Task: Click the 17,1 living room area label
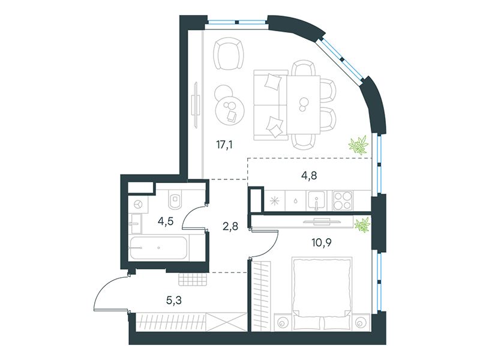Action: click(x=224, y=144)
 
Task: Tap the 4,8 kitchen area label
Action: click(x=309, y=176)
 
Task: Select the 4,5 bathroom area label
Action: click(x=166, y=221)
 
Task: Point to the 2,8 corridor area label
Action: click(x=230, y=226)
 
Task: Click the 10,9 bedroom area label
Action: click(x=322, y=243)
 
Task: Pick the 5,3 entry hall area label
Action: click(x=174, y=301)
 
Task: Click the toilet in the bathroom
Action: click(x=175, y=199)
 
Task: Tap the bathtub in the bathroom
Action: click(x=158, y=248)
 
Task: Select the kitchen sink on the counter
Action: click(x=317, y=201)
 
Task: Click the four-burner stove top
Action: click(x=343, y=200)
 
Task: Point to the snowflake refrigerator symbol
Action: click(x=274, y=201)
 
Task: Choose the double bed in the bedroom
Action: click(x=322, y=294)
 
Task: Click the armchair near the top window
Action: click(x=229, y=53)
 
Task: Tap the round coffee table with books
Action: click(x=230, y=110)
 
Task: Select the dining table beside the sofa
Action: click(x=304, y=104)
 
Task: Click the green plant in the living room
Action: click(x=358, y=145)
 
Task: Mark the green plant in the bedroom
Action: click(x=362, y=224)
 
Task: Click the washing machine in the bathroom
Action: click(x=139, y=205)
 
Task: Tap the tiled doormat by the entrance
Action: click(x=193, y=279)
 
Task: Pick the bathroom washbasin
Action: click(x=135, y=224)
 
